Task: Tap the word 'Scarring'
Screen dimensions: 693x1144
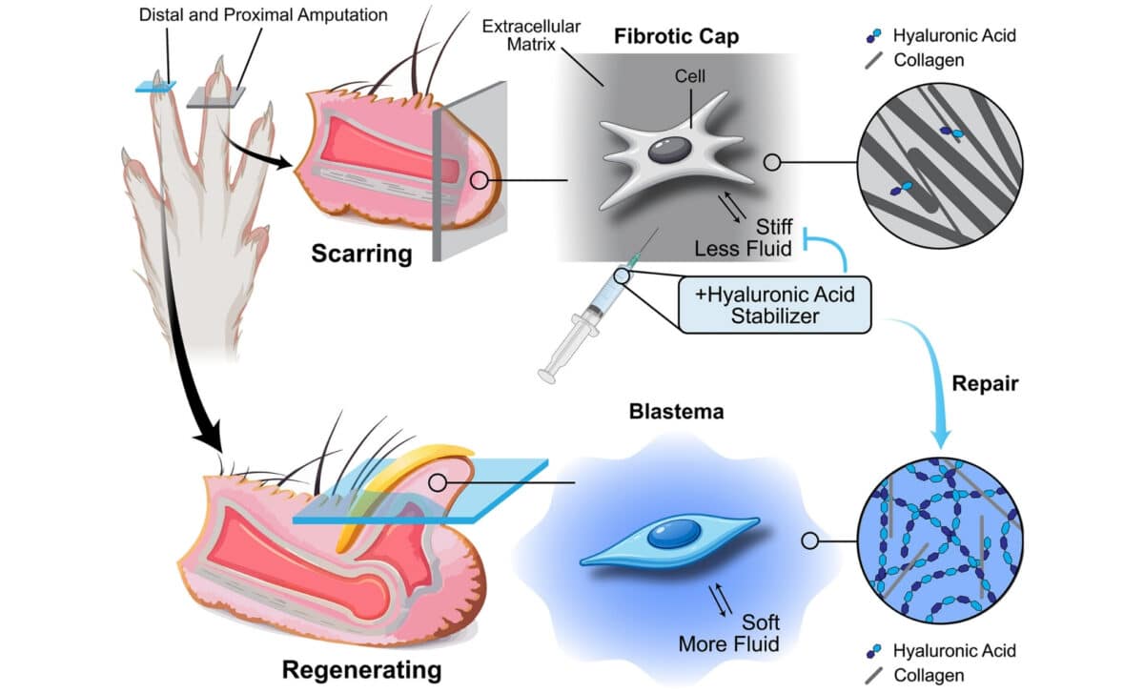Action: tap(361, 255)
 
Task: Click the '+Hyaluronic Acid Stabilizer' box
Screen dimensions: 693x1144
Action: tap(774, 306)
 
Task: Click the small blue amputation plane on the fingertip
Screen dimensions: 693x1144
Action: tap(155, 88)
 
